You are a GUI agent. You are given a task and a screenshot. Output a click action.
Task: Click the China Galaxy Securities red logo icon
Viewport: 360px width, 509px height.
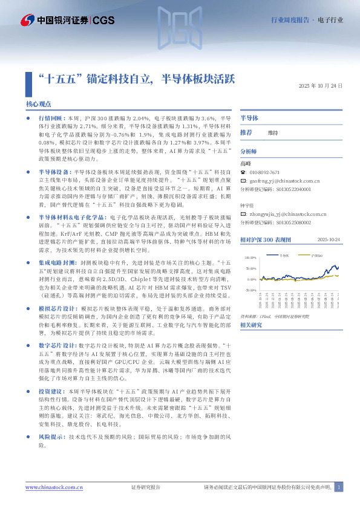pos(26,20)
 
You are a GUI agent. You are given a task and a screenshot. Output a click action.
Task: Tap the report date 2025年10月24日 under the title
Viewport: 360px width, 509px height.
pos(321,86)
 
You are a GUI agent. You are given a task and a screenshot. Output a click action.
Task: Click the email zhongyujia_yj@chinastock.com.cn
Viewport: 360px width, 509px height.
pos(284,213)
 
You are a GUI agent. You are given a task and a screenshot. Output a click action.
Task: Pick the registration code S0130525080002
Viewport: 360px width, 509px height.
pos(275,222)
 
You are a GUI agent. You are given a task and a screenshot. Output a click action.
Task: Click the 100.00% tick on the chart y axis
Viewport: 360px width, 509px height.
pos(250,257)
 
